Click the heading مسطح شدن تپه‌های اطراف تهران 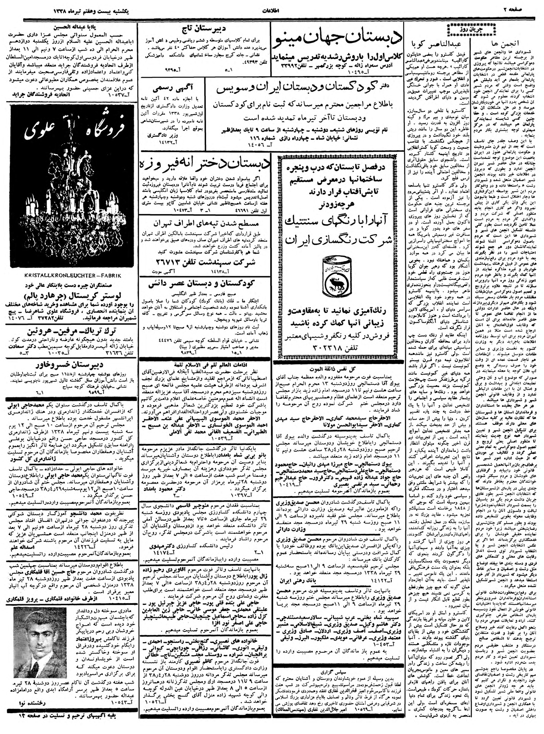(x=205, y=223)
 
